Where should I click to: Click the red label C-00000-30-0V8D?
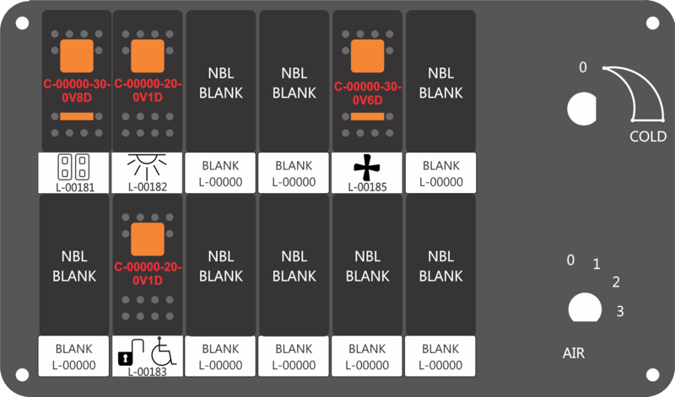tap(77, 91)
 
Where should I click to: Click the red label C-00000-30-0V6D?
tap(368, 94)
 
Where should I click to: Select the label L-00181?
tap(75, 187)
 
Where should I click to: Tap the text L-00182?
tap(147, 187)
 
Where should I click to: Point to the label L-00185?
tap(367, 187)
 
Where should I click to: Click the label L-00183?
tap(147, 372)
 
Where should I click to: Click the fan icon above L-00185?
tap(367, 168)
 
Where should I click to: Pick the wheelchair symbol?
tap(164, 351)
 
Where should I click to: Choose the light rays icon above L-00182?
tap(147, 166)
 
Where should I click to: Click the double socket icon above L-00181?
tap(73, 167)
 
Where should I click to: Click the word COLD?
tap(648, 137)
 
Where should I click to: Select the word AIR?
tap(574, 353)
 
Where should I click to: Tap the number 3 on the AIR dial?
tap(620, 311)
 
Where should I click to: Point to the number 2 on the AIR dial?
tap(616, 282)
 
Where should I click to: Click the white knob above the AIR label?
tap(585, 308)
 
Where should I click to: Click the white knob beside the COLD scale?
tap(582, 109)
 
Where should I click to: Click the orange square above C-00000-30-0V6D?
tap(367, 56)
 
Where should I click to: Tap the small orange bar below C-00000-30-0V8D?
tap(77, 116)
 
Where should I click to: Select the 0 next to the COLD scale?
tap(583, 67)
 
